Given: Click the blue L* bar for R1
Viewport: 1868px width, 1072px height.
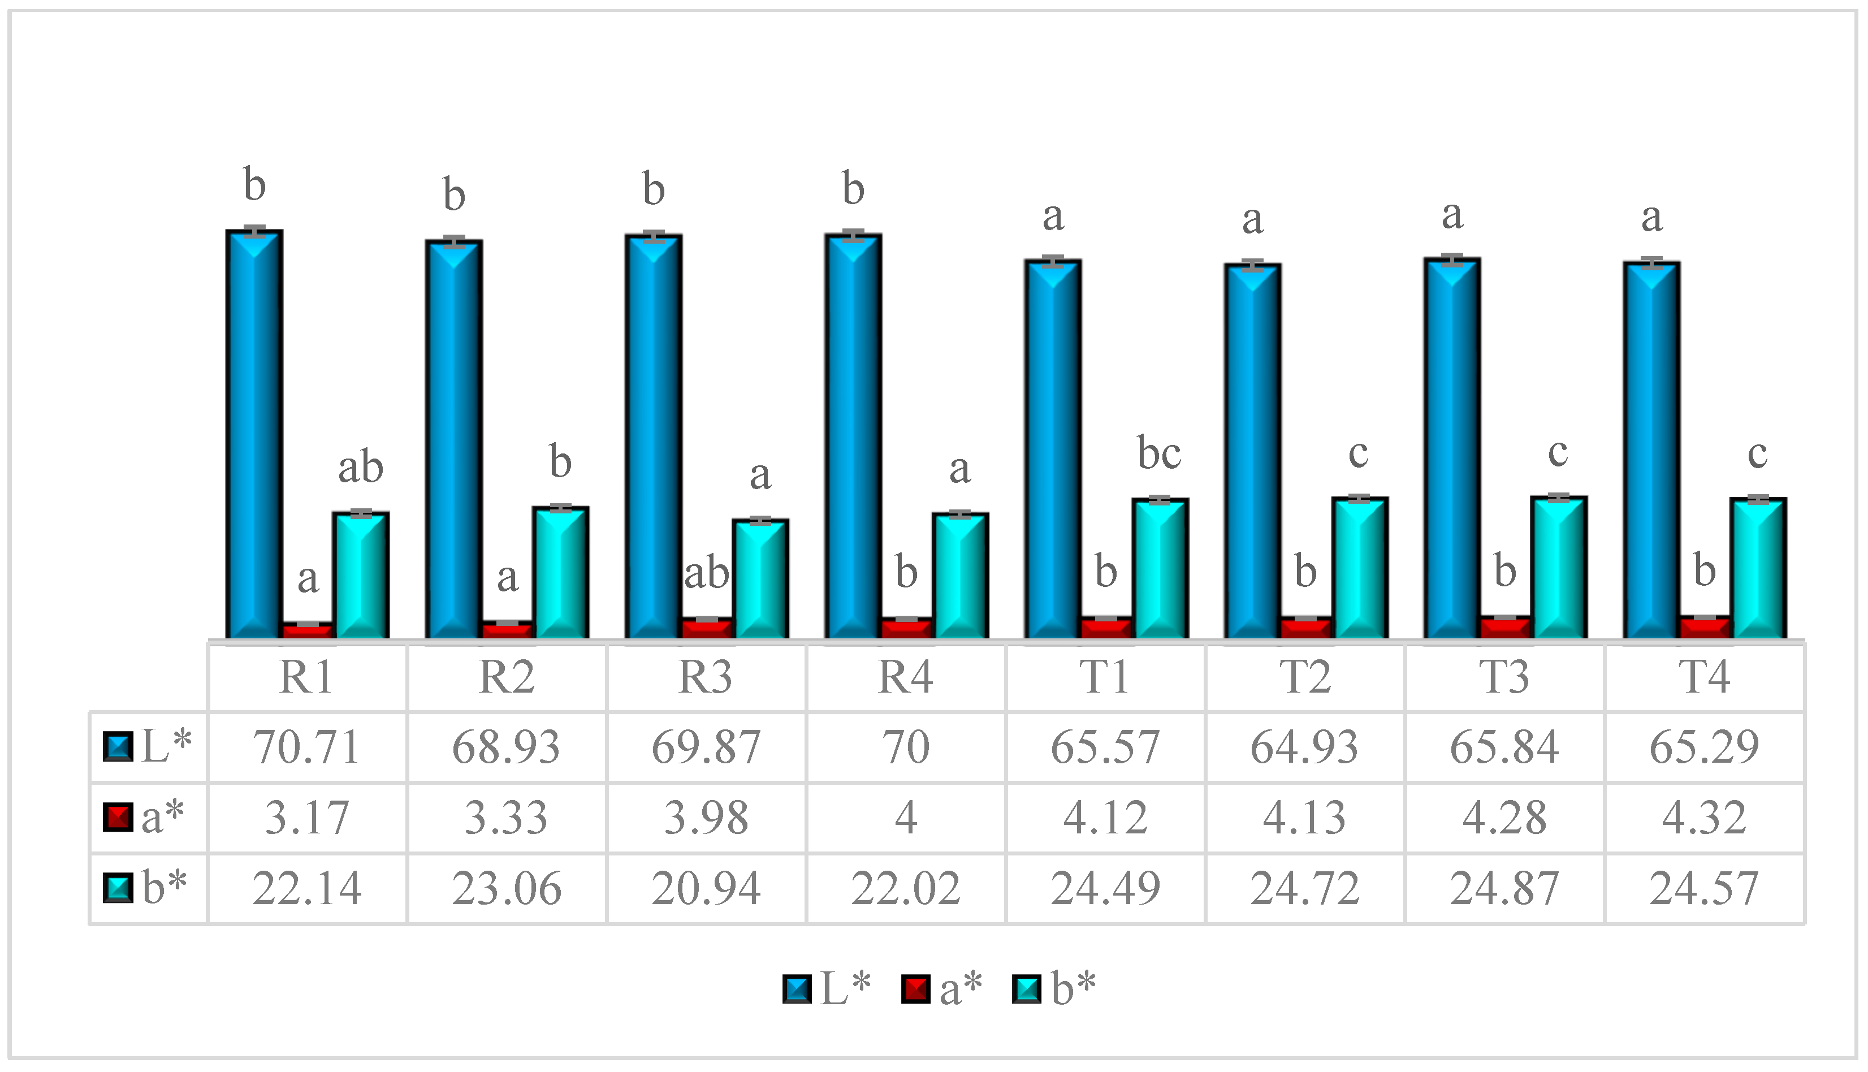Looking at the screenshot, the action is tap(254, 434).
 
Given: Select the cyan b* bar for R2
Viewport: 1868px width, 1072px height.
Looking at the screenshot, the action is tap(561, 573).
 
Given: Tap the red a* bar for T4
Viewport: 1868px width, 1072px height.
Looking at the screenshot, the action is tap(1705, 627).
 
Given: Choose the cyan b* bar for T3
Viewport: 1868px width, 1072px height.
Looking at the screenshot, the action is tap(1558, 568).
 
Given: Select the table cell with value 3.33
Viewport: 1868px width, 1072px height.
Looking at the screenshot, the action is tap(507, 817).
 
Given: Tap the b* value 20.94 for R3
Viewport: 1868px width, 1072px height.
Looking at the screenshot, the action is tap(706, 888).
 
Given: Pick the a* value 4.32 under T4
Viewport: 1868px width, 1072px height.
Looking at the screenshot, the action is tap(1704, 817).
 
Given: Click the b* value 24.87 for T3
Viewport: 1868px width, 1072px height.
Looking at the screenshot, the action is tap(1504, 888).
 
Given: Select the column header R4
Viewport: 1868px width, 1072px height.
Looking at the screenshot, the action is tap(905, 677).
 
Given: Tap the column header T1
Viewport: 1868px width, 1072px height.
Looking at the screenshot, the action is tap(1105, 677).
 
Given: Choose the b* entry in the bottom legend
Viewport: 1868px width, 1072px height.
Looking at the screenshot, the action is tap(1054, 988).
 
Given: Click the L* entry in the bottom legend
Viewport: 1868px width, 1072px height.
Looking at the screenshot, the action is tap(827, 988).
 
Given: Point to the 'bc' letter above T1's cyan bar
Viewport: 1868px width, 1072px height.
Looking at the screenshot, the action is tap(1159, 453).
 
